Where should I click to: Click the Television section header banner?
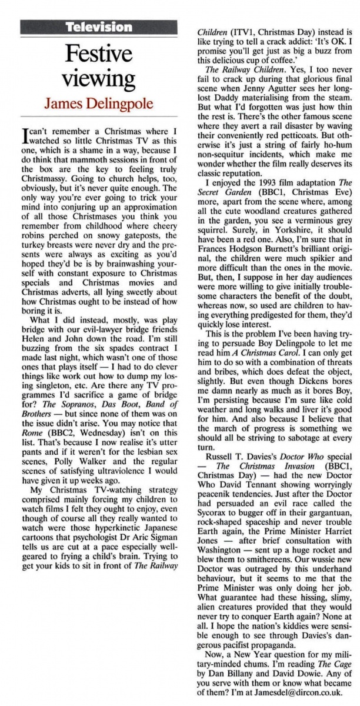pos(98,26)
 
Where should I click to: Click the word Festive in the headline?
pos(98,56)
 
